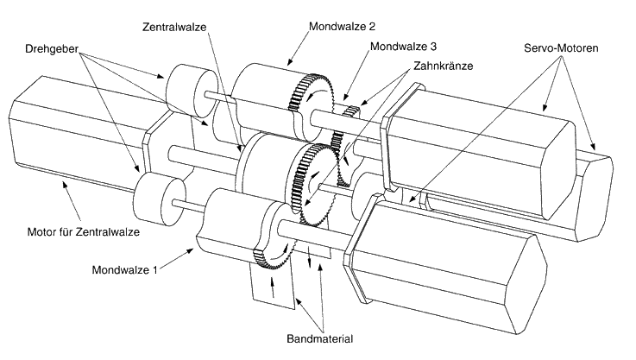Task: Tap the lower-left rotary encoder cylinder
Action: [159, 198]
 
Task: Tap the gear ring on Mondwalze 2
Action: [310, 104]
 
